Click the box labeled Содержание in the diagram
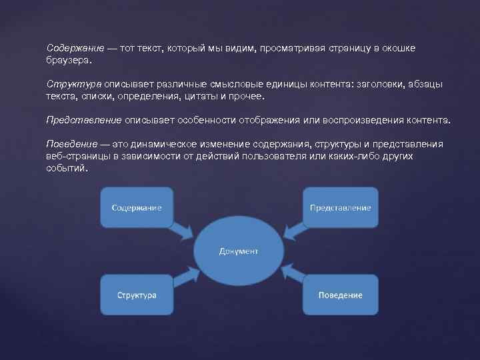136,207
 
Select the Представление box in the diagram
340,207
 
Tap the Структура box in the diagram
136,295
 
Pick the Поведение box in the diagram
340,295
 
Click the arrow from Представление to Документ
293,229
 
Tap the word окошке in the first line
416,49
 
